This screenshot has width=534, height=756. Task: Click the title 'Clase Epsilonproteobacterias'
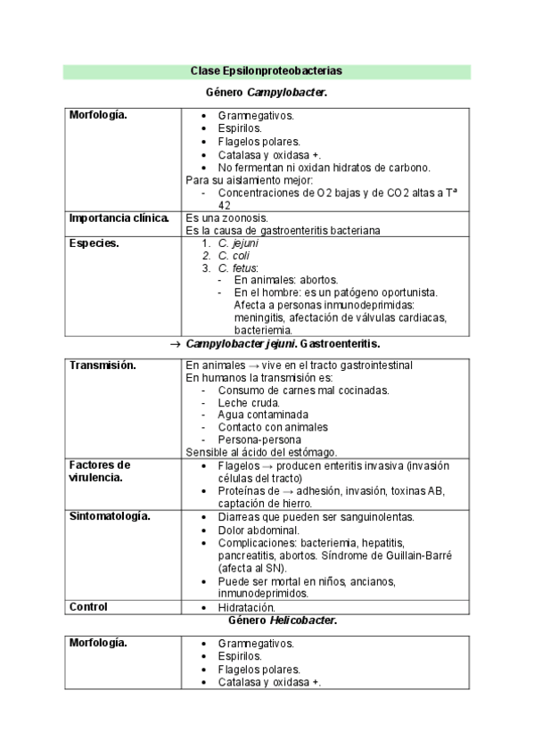(266, 70)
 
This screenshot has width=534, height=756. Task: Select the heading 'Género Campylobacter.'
(266, 92)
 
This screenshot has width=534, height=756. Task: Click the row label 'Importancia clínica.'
(119, 218)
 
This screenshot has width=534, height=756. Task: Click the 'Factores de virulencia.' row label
(99, 471)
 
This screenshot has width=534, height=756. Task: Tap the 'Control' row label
(88, 607)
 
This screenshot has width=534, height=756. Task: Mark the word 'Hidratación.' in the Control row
(248, 607)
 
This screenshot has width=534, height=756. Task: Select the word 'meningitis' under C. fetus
(259, 317)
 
